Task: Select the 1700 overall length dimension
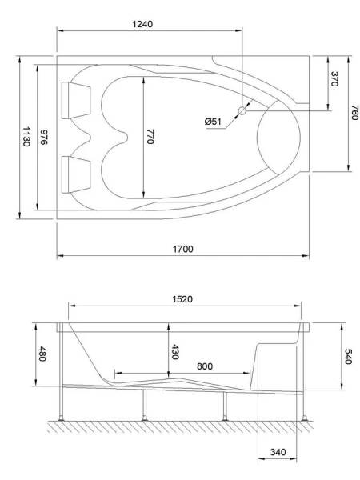pos(183,249)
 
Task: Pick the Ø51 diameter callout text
pos(214,121)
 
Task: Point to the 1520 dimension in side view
pos(184,298)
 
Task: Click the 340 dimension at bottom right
pos(277,453)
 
